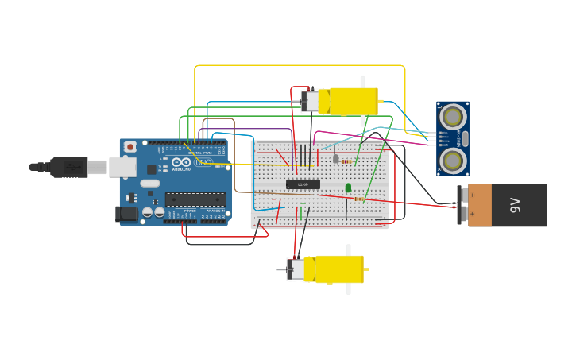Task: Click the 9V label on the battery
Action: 515,205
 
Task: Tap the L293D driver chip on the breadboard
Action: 303,184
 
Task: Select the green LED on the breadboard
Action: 348,188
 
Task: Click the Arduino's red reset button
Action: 130,147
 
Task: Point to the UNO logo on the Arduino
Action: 204,162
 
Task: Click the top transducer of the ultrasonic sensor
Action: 452,117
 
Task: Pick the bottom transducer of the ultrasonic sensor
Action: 452,160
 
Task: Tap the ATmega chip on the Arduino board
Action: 195,199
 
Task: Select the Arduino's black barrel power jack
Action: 125,213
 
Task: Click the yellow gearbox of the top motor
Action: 353,101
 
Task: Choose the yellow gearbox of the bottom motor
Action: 339,269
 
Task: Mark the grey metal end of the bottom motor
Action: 296,269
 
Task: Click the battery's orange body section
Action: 480,205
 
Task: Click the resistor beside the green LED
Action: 359,199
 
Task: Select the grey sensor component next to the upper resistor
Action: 335,158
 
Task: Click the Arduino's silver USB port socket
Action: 122,167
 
